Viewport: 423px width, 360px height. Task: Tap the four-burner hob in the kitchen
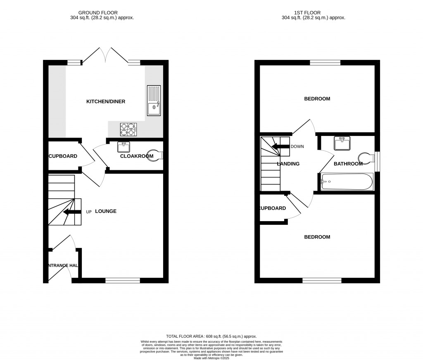point(128,129)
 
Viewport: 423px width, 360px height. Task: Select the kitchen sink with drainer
point(154,100)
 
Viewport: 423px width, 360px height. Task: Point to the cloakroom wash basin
point(124,147)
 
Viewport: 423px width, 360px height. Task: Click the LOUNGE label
point(106,211)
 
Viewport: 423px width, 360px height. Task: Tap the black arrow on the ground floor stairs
point(72,212)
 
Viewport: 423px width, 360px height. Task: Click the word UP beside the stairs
point(88,212)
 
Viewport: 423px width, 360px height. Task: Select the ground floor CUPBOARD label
point(63,156)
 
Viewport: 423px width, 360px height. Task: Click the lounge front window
point(122,281)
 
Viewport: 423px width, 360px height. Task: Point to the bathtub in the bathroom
point(347,181)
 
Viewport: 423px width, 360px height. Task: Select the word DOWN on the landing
point(297,147)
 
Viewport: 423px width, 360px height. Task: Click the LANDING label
point(288,164)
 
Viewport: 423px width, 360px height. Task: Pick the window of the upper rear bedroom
point(325,63)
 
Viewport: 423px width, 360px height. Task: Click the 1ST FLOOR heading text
point(314,13)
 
